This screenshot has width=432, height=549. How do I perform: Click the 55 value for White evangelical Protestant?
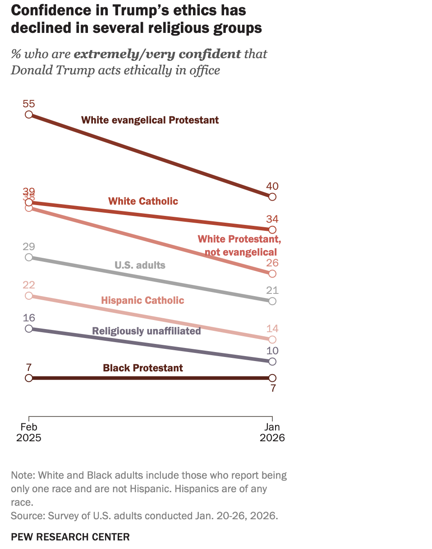click(29, 103)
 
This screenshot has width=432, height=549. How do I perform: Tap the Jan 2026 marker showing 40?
click(272, 197)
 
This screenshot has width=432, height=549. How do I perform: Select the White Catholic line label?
click(143, 201)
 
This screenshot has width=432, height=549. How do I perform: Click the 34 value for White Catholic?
click(272, 220)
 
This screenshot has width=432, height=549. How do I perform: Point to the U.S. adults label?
click(140, 265)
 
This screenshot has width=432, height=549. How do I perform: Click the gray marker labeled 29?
click(29, 257)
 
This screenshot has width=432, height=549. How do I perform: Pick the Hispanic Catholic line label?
click(142, 300)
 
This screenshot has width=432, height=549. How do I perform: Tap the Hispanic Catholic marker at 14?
click(272, 339)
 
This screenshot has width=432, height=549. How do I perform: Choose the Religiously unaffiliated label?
click(146, 331)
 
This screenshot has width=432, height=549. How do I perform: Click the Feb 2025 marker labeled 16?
click(29, 329)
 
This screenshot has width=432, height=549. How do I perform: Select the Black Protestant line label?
click(143, 368)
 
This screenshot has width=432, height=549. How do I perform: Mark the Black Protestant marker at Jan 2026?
click(272, 378)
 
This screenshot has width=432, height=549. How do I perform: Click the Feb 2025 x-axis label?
click(29, 432)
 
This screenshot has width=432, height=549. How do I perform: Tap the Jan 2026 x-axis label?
click(272, 432)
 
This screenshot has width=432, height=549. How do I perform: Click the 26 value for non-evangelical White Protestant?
click(272, 263)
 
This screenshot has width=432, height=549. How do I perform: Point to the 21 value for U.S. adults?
click(272, 290)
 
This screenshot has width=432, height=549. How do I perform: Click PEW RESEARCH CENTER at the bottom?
click(70, 537)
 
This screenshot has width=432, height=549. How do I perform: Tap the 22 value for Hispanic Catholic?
click(29, 285)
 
